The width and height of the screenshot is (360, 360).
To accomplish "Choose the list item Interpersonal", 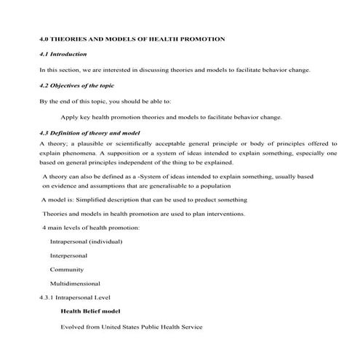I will [68, 256].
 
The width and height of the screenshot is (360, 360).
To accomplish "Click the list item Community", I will [65, 270].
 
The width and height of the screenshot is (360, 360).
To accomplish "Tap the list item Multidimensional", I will [74, 284].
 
